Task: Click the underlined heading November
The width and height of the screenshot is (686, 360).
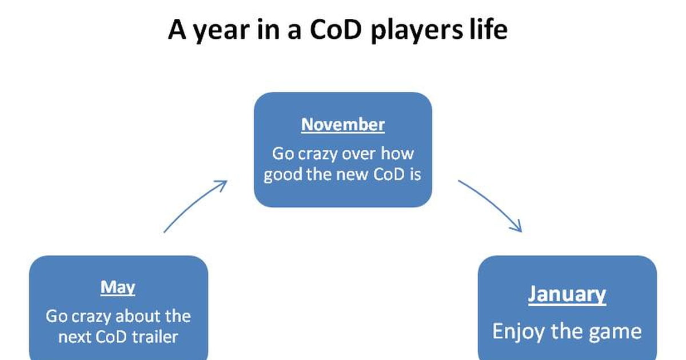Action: (342, 125)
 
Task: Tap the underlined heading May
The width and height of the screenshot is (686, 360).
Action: (118, 288)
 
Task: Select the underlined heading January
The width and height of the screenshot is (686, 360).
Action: (567, 295)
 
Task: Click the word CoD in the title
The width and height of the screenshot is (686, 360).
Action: (336, 30)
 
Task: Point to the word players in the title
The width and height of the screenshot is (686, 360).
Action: (417, 31)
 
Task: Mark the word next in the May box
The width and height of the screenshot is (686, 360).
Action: (75, 338)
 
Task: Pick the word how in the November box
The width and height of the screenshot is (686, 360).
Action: (397, 153)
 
